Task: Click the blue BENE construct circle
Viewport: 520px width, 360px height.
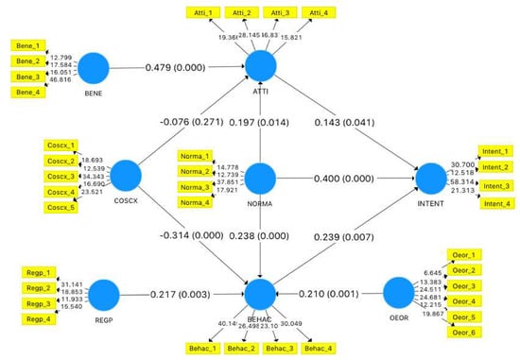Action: coord(94,68)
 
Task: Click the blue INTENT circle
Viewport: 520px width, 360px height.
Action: coord(430,177)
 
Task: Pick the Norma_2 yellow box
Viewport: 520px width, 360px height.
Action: coord(195,172)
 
